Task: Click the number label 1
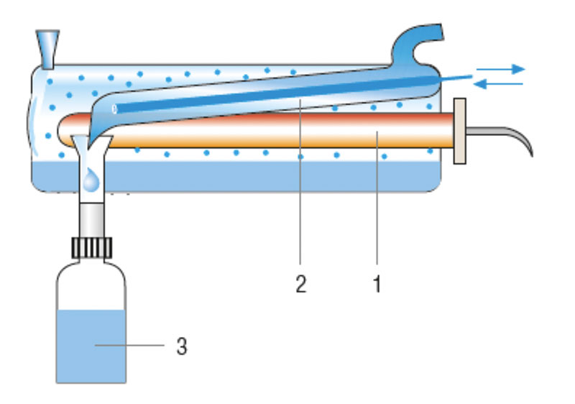[x=377, y=284]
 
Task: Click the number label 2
[x=300, y=284]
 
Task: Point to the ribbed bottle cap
[x=91, y=247]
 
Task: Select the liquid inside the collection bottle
[x=91, y=349]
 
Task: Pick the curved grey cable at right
[x=507, y=136]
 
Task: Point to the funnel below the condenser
[x=90, y=151]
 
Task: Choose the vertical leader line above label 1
[x=377, y=201]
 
